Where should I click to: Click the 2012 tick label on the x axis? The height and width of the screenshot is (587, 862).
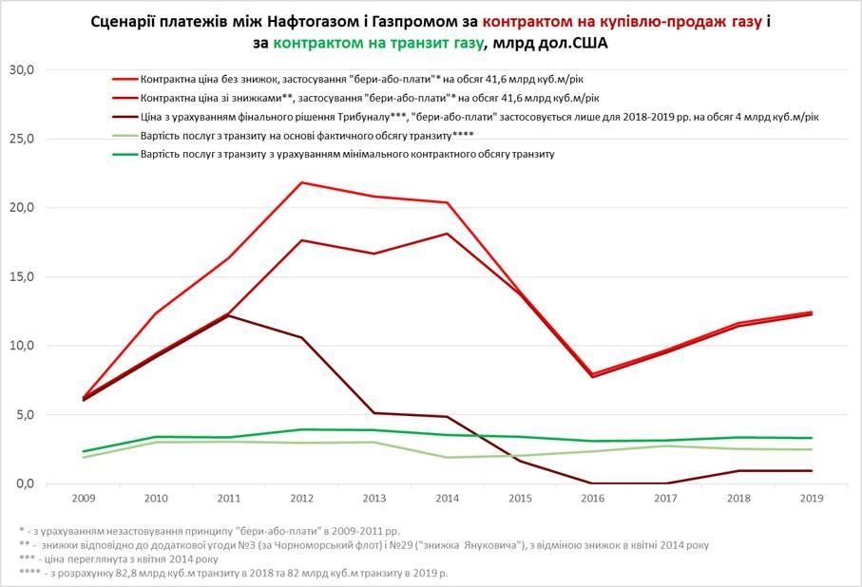point(301,498)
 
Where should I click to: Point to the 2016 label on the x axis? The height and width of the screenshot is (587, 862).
point(590,498)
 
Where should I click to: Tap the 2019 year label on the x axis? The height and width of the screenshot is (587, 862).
point(810,498)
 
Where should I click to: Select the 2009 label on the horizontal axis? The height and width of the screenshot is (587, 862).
point(85,498)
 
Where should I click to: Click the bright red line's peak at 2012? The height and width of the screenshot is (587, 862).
point(301,182)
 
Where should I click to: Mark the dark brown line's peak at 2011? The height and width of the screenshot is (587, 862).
point(229,315)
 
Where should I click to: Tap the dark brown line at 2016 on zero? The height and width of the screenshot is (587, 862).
point(590,483)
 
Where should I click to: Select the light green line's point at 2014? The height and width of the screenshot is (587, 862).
point(447,458)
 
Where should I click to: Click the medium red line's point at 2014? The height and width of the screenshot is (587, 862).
point(447,233)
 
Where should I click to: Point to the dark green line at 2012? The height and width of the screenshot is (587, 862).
point(301,429)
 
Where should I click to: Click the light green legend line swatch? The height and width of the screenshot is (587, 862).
point(124,136)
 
